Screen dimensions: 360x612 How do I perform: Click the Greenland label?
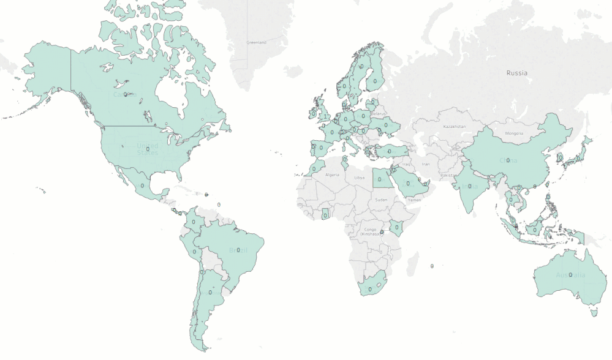257,43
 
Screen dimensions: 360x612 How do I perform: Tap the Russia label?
516,73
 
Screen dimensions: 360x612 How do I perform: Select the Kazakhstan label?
455,127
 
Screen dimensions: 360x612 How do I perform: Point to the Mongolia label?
514,133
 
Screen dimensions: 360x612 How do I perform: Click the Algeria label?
331,174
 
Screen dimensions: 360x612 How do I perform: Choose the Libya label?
360,178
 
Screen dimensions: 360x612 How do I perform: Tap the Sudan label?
381,200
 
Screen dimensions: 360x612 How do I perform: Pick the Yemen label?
415,200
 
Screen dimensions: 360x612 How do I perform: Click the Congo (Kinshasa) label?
370,232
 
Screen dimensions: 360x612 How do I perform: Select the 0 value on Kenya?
398,227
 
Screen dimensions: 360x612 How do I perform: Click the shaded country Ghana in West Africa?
325,214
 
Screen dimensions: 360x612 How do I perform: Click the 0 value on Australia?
570,275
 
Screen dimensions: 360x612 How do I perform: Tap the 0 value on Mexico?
142,185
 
